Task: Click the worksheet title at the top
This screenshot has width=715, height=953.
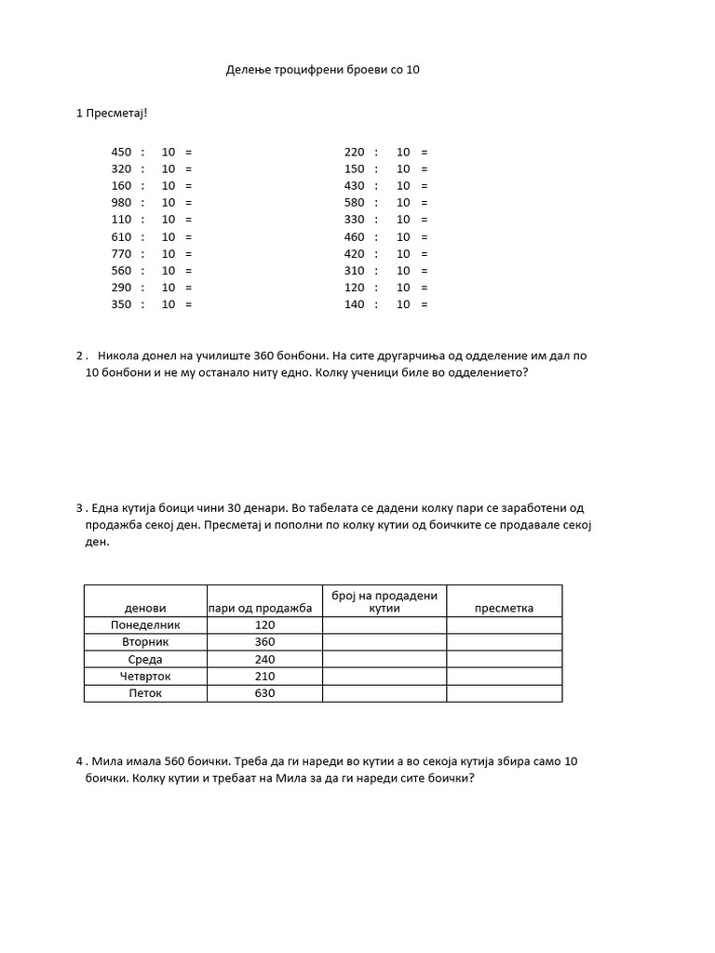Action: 323,69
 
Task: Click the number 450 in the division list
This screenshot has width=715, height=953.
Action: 122,152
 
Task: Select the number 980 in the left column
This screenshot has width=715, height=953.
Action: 122,203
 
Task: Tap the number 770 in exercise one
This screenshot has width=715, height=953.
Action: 122,253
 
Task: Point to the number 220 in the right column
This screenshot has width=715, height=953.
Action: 355,152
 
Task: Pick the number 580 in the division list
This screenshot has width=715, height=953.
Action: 355,203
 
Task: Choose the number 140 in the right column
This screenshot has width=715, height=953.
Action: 355,304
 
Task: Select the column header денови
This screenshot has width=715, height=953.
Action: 145,608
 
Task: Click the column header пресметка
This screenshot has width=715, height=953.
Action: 504,608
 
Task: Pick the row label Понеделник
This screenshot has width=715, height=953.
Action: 145,625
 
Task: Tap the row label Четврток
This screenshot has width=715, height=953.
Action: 145,677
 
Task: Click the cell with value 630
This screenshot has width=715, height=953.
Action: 264,693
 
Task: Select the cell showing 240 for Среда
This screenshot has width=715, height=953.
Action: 264,659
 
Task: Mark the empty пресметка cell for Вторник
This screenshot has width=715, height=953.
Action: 504,642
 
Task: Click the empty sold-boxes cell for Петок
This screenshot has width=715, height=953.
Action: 384,693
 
